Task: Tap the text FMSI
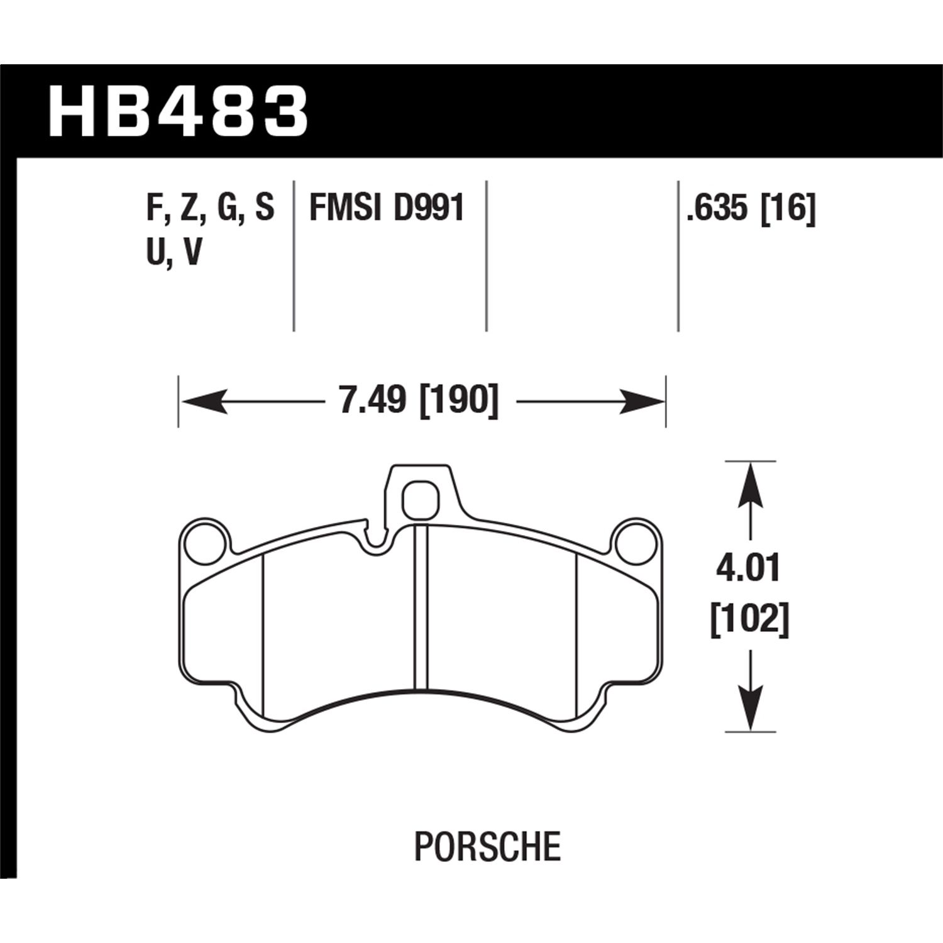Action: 344,208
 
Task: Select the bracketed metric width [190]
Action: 458,400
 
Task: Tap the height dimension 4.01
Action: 749,570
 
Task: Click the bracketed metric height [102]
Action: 749,620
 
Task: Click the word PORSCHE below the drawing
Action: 487,846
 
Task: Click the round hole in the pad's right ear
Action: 637,541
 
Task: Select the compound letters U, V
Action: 174,253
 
